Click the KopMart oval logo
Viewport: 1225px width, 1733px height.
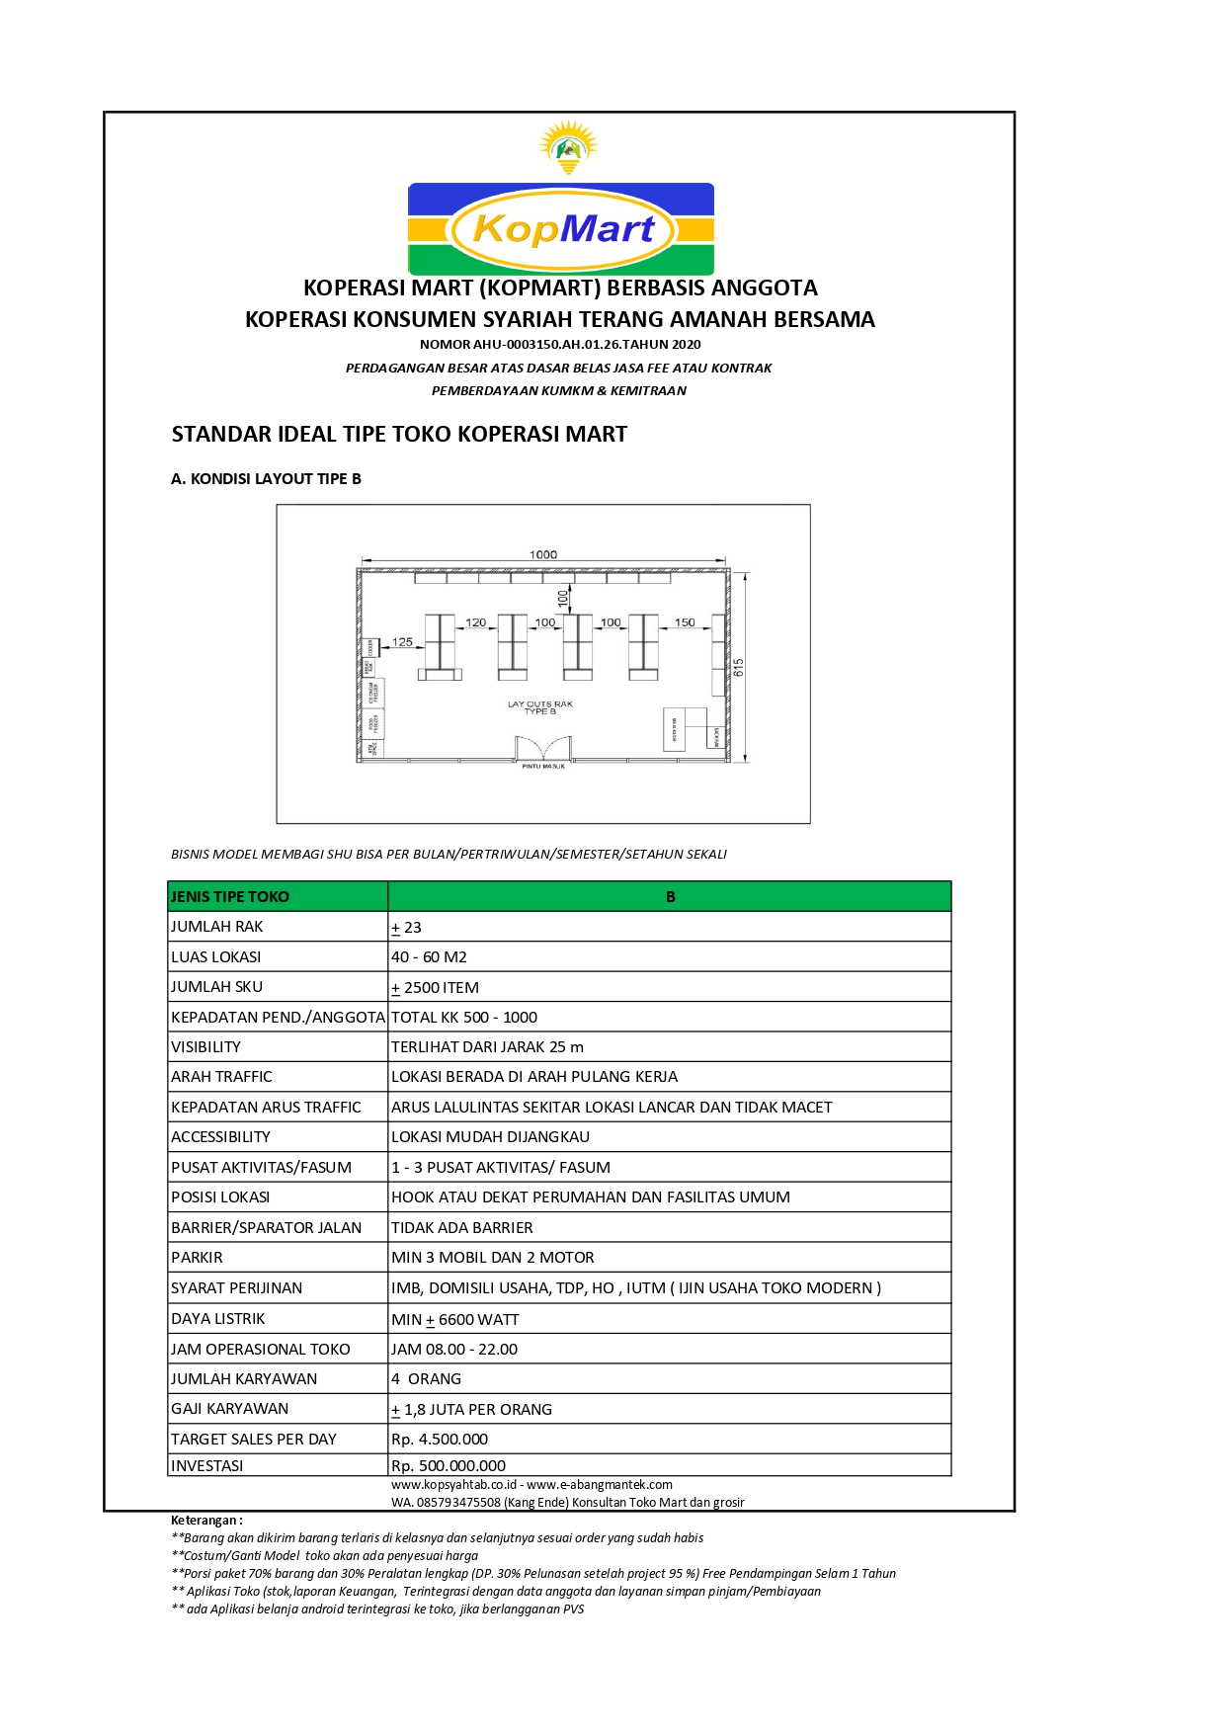click(561, 229)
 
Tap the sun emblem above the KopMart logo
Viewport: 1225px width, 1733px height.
click(568, 147)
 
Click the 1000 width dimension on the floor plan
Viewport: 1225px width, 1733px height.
click(543, 555)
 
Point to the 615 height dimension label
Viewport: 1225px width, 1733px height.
click(739, 668)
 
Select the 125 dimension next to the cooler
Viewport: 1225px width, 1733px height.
click(402, 642)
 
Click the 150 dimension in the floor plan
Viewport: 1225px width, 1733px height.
click(685, 622)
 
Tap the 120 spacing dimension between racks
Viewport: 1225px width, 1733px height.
click(475, 622)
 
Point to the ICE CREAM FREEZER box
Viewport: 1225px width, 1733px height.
click(373, 693)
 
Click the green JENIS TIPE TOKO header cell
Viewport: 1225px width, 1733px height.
click(278, 897)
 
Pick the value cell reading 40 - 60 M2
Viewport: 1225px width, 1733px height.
click(429, 957)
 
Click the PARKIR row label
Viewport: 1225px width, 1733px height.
click(198, 1258)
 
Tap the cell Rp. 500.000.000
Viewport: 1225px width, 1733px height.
click(449, 1466)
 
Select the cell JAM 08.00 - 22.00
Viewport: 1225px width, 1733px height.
click(454, 1350)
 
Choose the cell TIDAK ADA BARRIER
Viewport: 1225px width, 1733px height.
click(461, 1228)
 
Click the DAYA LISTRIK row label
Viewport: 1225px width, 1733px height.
click(218, 1319)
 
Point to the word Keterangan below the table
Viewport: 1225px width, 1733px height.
click(204, 1521)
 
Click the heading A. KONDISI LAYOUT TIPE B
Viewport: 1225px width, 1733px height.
click(266, 479)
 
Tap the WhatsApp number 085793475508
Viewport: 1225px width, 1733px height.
click(458, 1503)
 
